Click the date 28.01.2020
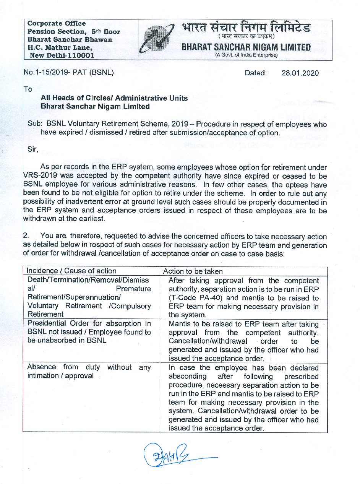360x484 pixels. (x=300, y=73)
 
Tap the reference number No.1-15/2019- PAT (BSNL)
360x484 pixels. (x=69, y=72)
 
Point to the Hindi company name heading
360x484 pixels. (x=246, y=28)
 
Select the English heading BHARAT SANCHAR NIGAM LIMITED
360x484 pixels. (x=246, y=47)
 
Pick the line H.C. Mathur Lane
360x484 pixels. (x=60, y=47)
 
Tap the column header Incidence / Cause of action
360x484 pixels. (x=71, y=271)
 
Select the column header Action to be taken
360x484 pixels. (x=193, y=271)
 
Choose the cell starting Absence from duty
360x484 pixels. (x=89, y=371)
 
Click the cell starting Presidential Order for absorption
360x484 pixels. (x=89, y=332)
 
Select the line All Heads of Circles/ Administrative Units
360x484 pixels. (x=114, y=98)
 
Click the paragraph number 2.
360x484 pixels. (x=26, y=237)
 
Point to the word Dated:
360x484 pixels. (x=255, y=73)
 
